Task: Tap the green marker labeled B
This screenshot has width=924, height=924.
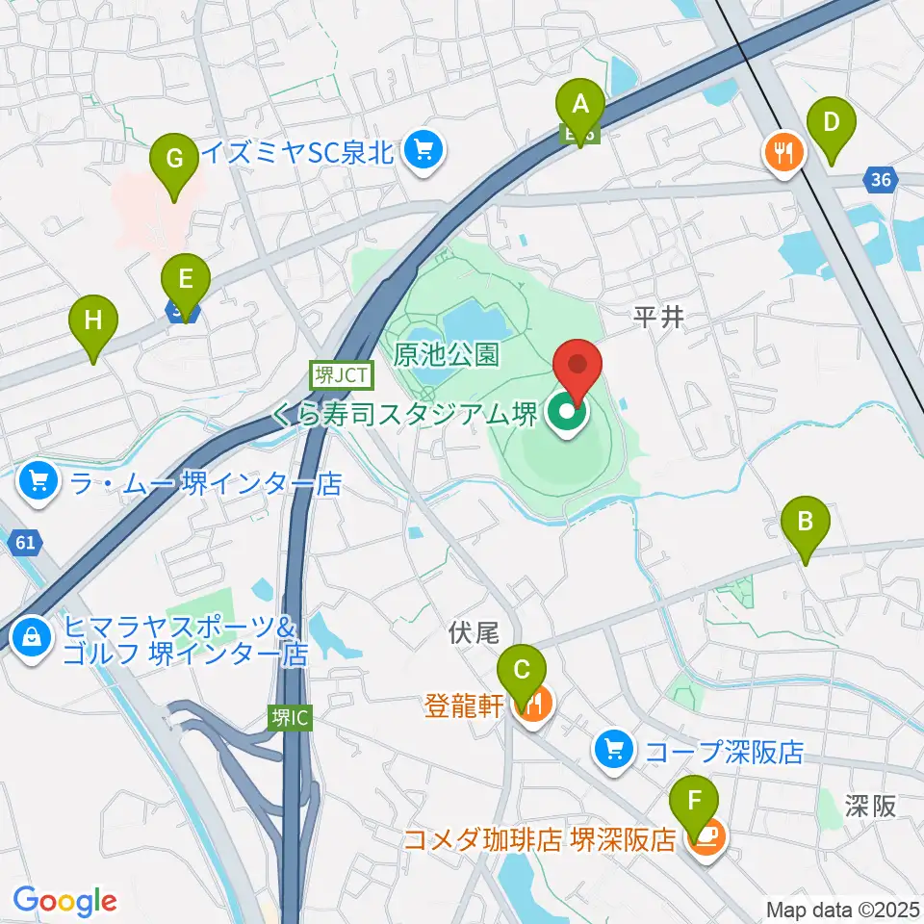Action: point(806,523)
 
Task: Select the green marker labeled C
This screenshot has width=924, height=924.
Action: point(522,670)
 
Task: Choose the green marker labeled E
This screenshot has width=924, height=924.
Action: point(186,280)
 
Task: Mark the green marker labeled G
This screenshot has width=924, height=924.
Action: point(174,159)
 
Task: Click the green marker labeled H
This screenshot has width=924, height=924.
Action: point(92,321)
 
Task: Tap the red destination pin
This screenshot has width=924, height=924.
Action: point(577,365)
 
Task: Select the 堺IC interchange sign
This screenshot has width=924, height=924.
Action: point(290,718)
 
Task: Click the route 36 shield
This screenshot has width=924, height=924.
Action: point(881,178)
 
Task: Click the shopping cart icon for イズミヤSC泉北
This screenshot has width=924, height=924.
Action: point(422,150)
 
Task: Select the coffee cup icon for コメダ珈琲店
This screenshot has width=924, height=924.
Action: point(707,839)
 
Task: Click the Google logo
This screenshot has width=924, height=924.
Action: point(64,901)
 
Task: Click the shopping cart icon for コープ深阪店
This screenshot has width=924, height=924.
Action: point(612,748)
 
